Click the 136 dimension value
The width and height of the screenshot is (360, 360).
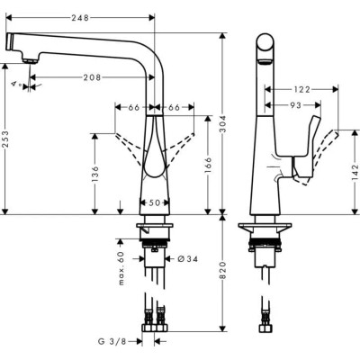point(94,173)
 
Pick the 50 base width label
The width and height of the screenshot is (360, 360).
point(155,202)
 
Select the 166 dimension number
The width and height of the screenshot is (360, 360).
point(210,166)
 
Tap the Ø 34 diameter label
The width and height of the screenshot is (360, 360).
point(186,259)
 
